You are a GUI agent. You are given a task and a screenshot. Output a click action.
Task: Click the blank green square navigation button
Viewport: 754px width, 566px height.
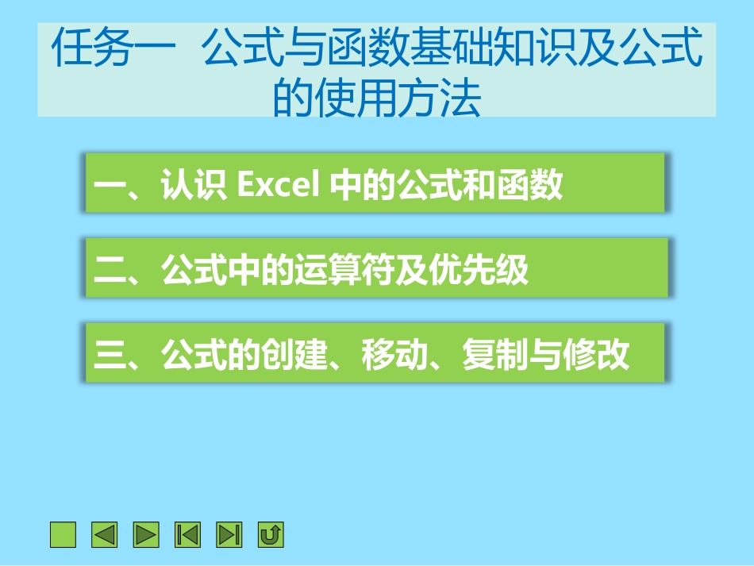[x=63, y=535]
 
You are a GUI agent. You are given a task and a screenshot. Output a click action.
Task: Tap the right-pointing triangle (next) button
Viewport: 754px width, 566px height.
[x=146, y=535]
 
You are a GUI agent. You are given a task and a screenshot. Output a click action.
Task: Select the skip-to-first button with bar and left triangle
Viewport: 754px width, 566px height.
[x=188, y=535]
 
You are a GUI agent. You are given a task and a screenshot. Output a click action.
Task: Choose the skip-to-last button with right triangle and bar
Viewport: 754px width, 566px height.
[x=229, y=535]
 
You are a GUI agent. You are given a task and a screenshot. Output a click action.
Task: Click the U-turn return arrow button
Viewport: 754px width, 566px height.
[x=271, y=535]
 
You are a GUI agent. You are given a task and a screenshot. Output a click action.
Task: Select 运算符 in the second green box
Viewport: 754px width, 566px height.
[x=344, y=270]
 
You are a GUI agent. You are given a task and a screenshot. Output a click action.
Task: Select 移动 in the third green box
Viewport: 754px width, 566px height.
[x=394, y=355]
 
